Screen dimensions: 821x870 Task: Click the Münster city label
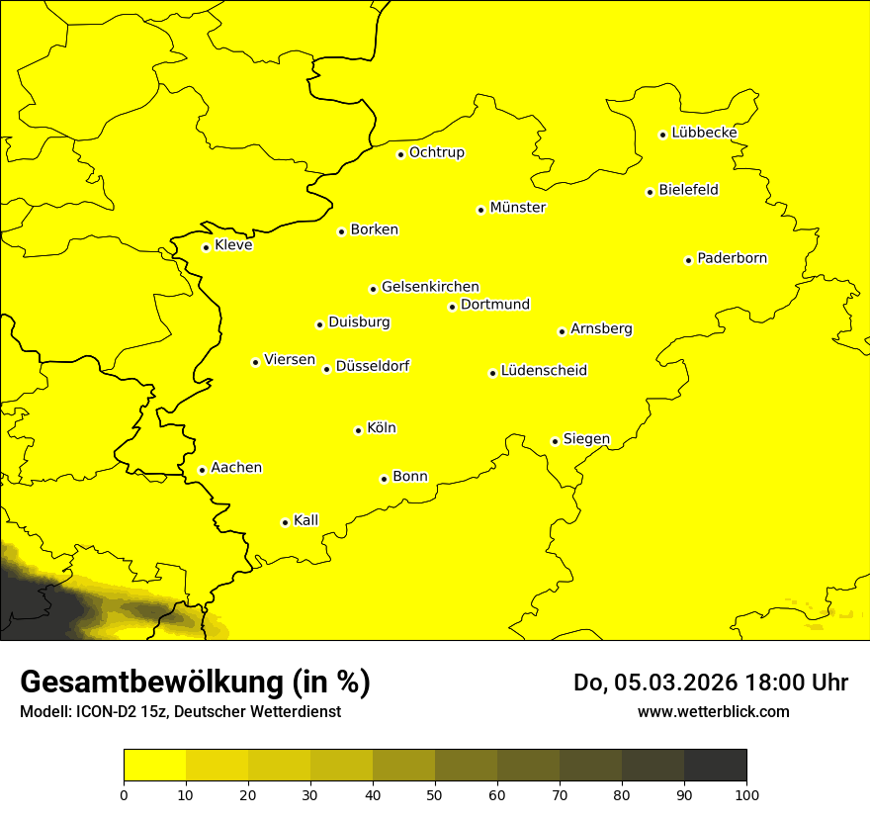tap(517, 208)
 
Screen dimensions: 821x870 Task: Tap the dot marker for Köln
tap(358, 430)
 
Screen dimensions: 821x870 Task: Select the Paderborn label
tap(732, 258)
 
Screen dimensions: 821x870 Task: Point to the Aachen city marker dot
tap(202, 470)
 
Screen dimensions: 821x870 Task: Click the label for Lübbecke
tap(704, 133)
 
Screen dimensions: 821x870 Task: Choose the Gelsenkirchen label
tap(430, 287)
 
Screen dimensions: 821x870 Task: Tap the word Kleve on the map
tap(233, 244)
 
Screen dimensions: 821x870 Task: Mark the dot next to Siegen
tap(555, 441)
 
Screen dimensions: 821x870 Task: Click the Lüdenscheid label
tap(544, 371)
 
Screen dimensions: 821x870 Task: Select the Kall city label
tap(305, 520)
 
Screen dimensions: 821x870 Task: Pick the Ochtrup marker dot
tap(400, 154)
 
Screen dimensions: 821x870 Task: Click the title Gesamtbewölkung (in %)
tap(195, 682)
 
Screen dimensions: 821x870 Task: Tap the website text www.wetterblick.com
tap(713, 711)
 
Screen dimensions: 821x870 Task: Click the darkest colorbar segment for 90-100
tap(715, 766)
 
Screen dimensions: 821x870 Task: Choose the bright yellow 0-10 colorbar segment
tap(154, 766)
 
